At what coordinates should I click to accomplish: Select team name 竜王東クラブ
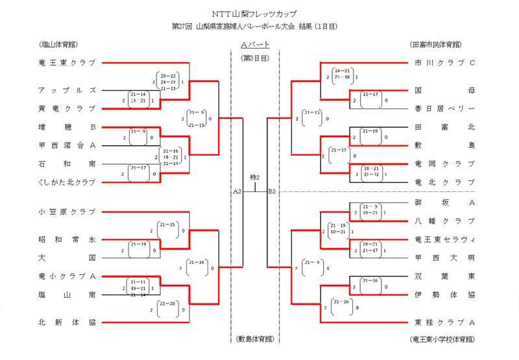pos(67,63)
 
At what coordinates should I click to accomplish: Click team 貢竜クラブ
pos(67,108)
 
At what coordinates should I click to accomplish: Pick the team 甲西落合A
pos(67,145)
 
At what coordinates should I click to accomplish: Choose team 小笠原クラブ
pos(67,212)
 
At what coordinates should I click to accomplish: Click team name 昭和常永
pos(67,239)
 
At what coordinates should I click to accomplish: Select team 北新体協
pos(67,322)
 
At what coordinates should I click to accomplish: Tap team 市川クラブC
pos(445,63)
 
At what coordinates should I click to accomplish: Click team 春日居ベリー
pos(445,108)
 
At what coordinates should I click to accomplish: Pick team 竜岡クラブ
pos(445,163)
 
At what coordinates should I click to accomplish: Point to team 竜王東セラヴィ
pos(445,239)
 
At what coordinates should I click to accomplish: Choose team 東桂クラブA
pos(445,322)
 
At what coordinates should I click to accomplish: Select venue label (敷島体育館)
pos(254,339)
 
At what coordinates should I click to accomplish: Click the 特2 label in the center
pos(254,176)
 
